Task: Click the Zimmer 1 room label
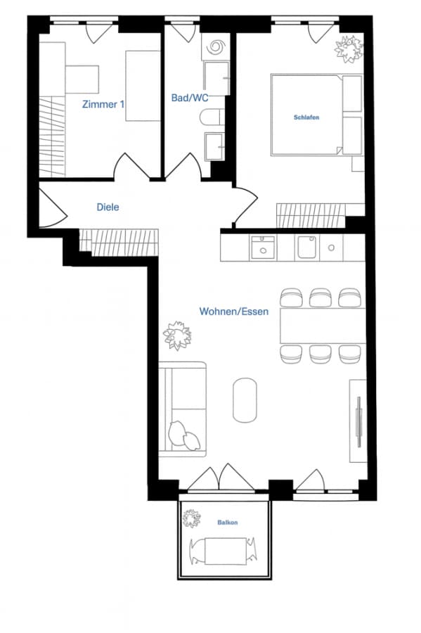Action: click(x=103, y=104)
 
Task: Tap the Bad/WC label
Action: click(x=190, y=98)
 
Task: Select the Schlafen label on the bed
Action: click(x=306, y=117)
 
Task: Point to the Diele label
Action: click(x=108, y=207)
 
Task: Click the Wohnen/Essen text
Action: click(x=234, y=312)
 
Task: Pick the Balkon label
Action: click(x=228, y=523)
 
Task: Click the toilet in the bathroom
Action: click(x=212, y=117)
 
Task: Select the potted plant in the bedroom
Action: click(x=349, y=49)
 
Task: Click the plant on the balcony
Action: click(x=191, y=518)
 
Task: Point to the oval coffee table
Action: click(x=245, y=399)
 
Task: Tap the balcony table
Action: click(x=226, y=551)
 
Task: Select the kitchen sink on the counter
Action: click(x=263, y=248)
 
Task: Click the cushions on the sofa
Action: click(x=184, y=436)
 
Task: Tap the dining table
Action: click(x=323, y=326)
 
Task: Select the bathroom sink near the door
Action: click(x=214, y=146)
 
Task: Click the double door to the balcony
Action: click(x=221, y=478)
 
